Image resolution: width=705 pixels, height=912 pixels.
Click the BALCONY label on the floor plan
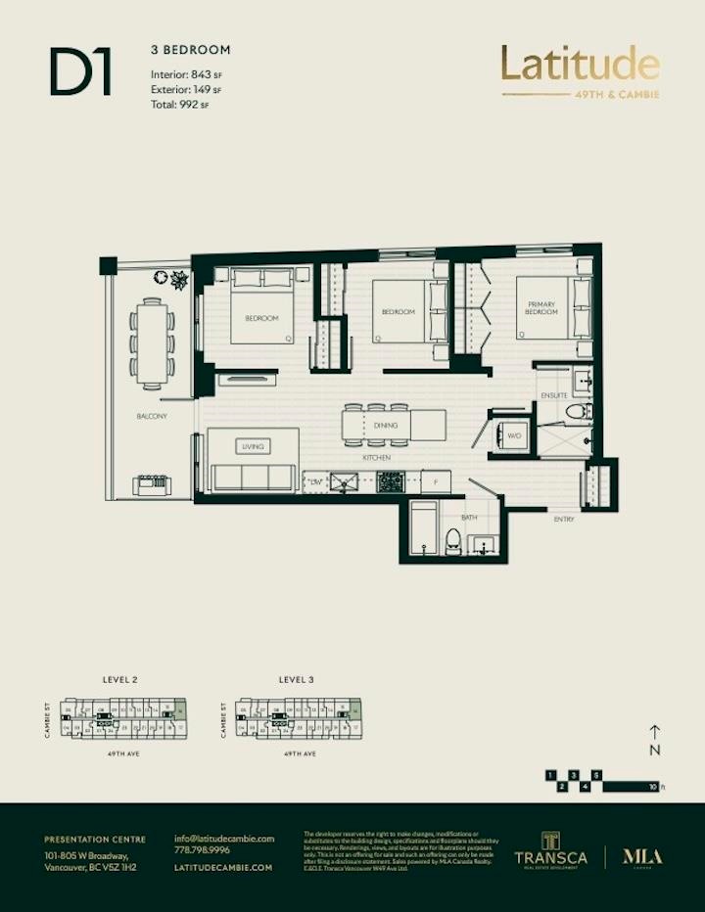pyautogui.click(x=152, y=416)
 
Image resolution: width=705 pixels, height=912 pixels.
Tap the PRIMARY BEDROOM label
pyautogui.click(x=541, y=308)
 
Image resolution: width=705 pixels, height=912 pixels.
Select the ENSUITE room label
pyautogui.click(x=554, y=396)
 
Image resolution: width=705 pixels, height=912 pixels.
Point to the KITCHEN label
pyautogui.click(x=378, y=457)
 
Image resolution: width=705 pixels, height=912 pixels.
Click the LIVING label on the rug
pyautogui.click(x=253, y=446)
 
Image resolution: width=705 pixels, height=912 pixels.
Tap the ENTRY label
pyautogui.click(x=564, y=519)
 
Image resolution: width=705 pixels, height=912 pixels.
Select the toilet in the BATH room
pyautogui.click(x=452, y=541)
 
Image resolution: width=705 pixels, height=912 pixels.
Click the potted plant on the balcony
pyautogui.click(x=179, y=281)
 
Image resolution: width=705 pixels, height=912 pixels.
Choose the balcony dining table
pyautogui.click(x=153, y=343)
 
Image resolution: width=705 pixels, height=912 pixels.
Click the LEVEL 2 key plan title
pyautogui.click(x=119, y=678)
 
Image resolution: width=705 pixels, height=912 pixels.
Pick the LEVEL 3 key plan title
pyautogui.click(x=296, y=678)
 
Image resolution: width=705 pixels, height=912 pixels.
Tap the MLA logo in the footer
pyautogui.click(x=642, y=857)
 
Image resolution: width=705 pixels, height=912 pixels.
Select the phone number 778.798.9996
pyautogui.click(x=202, y=851)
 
